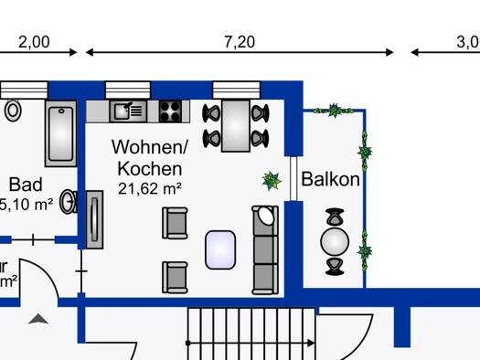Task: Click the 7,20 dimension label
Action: click(239, 42)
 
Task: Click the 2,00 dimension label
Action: click(34, 42)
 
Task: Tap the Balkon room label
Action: click(330, 179)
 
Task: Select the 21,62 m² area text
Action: click(150, 188)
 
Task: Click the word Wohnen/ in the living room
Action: click(149, 146)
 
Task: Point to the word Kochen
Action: click(149, 168)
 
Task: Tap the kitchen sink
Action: click(127, 111)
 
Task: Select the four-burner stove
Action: click(170, 111)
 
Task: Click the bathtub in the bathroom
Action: click(60, 133)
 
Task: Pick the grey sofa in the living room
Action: click(264, 249)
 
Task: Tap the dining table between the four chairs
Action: click(237, 125)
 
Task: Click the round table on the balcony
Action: click(336, 242)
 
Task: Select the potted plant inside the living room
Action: click(272, 180)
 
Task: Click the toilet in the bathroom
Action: click(13, 111)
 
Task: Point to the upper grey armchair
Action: click(176, 222)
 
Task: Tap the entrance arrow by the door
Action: click(38, 319)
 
